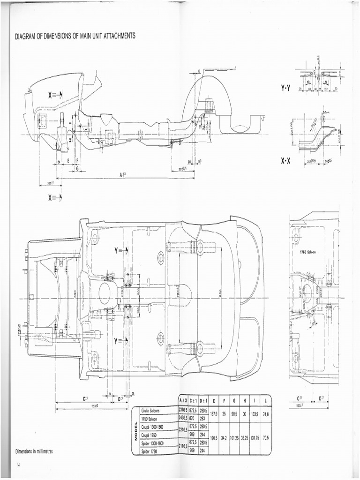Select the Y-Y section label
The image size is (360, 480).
286,87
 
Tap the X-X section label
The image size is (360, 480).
286,161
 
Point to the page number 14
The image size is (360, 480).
19,465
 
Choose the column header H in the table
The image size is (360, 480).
244,401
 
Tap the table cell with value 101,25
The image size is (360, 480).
234,438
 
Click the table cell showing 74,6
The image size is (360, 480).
265,414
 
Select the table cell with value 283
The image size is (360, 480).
203,418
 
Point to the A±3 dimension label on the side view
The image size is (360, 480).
123,174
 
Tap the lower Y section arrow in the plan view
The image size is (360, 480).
121,341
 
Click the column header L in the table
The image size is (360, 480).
265,401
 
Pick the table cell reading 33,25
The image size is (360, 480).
244,438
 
